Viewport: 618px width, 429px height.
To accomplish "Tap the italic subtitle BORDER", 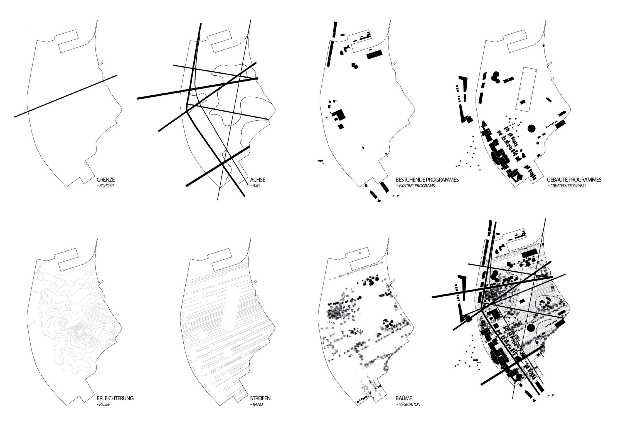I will point(105,186).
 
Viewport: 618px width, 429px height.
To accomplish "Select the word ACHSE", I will point(257,180).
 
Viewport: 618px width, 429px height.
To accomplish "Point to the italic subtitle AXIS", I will point(255,186).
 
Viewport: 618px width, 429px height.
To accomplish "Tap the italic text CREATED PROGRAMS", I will point(567,186).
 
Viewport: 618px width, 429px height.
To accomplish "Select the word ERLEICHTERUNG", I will point(115,398).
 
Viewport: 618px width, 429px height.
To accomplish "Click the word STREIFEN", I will point(260,398).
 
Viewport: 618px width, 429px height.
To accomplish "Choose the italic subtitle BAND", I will point(256,405).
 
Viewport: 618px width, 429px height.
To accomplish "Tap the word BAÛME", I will point(403,398).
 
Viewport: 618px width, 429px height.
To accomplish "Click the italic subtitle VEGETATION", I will point(408,405).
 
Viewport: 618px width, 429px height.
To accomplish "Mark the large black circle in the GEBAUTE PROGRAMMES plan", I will point(531,128).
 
